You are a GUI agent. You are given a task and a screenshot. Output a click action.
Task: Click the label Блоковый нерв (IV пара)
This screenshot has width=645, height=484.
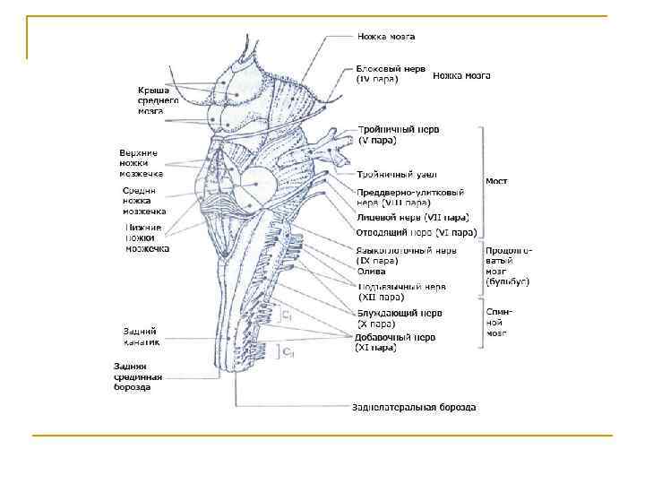(391, 73)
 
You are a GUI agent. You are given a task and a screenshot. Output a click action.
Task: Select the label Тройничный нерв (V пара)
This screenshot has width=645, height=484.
(398, 134)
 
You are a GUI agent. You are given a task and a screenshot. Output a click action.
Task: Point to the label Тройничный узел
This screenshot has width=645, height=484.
(396, 173)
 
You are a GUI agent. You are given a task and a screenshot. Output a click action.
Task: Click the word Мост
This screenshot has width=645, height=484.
(496, 181)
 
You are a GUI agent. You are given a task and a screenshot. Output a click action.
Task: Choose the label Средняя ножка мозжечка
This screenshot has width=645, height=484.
(144, 201)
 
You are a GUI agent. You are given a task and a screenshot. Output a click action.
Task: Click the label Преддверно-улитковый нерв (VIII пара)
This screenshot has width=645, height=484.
(409, 197)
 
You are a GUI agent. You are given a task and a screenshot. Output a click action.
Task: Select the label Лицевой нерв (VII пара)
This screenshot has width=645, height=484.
(412, 217)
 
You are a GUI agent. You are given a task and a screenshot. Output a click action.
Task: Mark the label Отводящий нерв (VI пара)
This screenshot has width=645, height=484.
(414, 232)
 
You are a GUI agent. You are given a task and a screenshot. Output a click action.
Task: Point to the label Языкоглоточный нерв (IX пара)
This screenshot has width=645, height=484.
(406, 255)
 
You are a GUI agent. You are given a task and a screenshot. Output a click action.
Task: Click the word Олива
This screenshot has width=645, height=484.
(371, 271)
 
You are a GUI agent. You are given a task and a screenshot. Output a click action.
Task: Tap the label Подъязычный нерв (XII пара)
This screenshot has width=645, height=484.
(400, 291)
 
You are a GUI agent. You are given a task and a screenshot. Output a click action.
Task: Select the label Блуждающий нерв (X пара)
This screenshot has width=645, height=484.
(399, 318)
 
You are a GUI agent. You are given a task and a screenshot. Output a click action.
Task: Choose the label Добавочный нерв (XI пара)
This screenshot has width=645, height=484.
(395, 341)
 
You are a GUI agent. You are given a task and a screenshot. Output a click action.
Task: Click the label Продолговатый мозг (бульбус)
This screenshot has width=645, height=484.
(507, 266)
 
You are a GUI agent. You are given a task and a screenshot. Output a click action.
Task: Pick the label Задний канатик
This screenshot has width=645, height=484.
(141, 335)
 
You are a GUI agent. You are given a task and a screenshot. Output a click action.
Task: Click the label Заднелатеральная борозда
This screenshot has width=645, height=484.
(413, 407)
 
